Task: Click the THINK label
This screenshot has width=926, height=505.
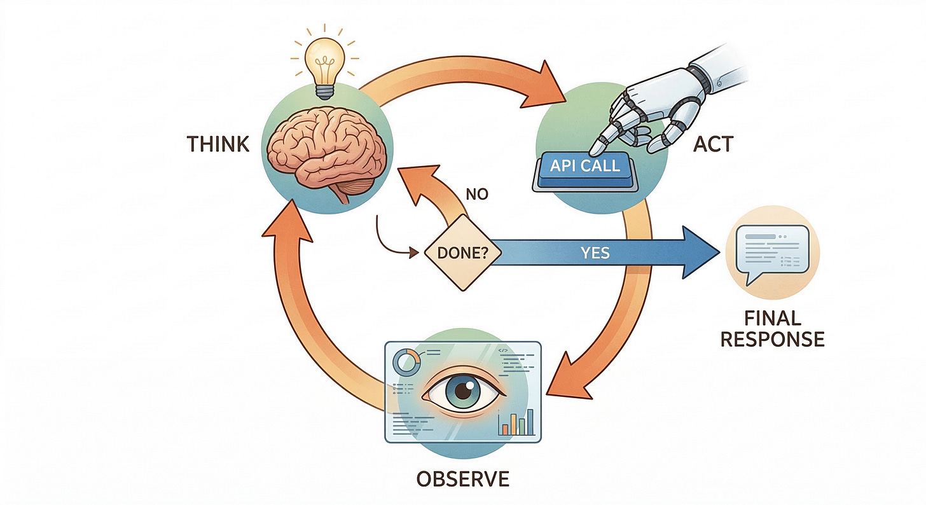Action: point(218,144)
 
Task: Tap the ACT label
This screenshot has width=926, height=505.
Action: point(712,144)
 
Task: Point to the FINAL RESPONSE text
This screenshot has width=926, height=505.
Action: point(771,328)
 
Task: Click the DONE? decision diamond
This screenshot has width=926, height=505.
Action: point(463,253)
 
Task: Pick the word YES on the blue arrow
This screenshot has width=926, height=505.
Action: point(595,253)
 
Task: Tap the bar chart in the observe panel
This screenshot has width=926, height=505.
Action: point(516,423)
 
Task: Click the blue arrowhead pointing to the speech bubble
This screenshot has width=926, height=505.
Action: point(700,253)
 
